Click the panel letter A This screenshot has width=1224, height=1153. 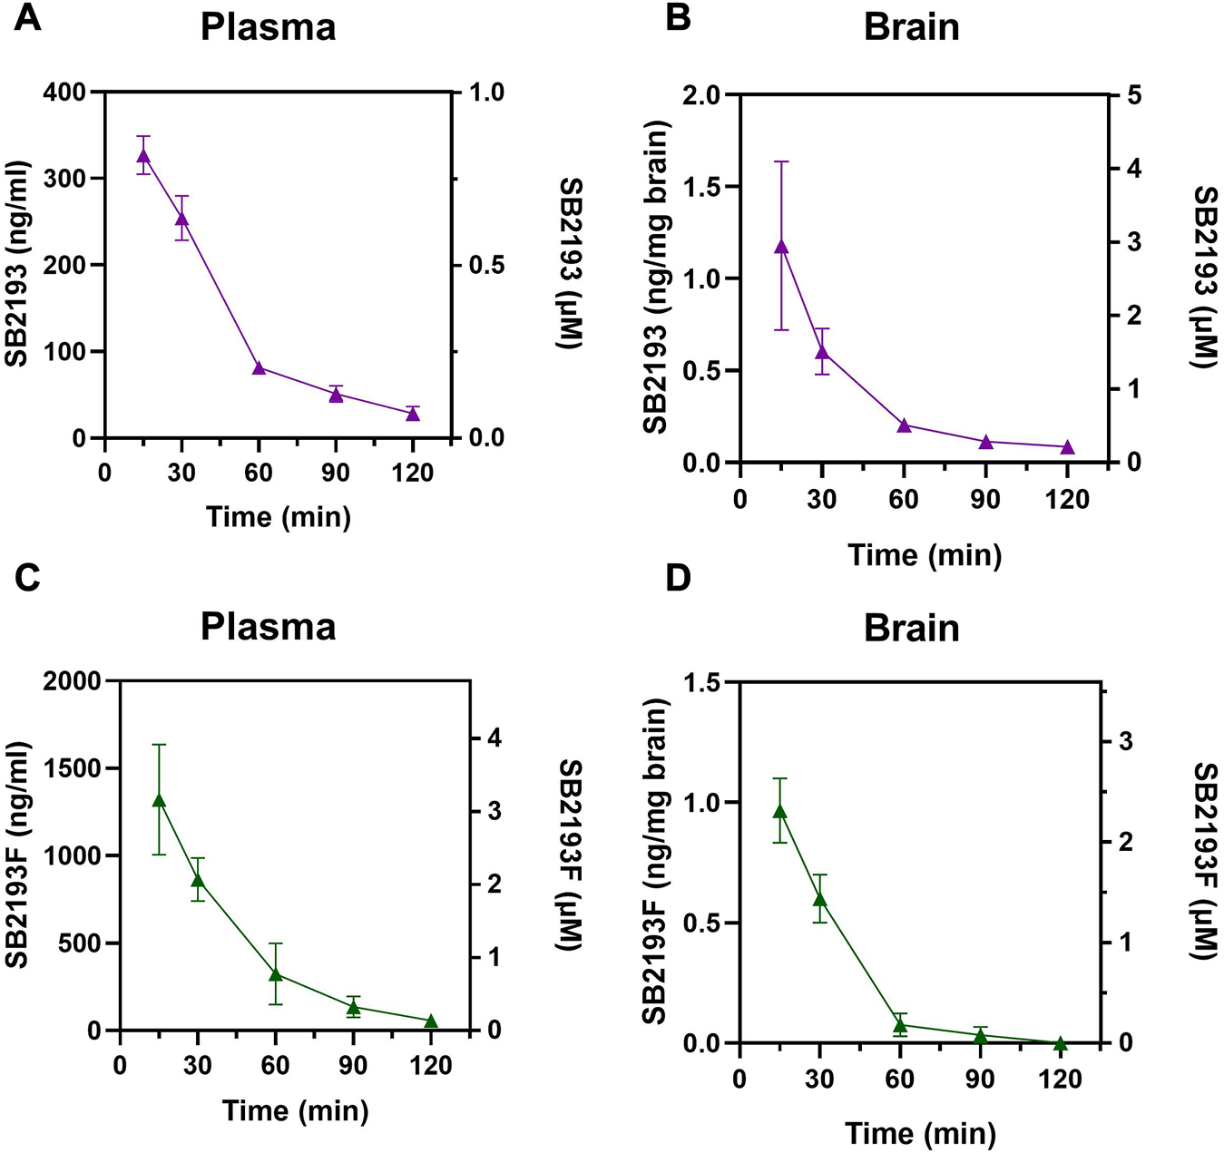pyautogui.click(x=27, y=16)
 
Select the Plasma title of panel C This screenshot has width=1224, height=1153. pyautogui.click(x=268, y=627)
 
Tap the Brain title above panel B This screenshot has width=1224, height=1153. pyautogui.click(x=911, y=27)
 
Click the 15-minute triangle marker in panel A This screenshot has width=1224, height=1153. pyautogui.click(x=143, y=156)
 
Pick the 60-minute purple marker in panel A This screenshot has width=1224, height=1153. pyautogui.click(x=259, y=367)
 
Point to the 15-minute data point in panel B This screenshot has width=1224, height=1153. pyautogui.click(x=781, y=247)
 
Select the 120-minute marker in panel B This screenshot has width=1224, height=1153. pyautogui.click(x=1067, y=447)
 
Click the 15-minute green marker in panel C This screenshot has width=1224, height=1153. pyautogui.click(x=159, y=800)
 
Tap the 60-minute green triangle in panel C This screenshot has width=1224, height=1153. pyautogui.click(x=276, y=974)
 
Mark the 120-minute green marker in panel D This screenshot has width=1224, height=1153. pyautogui.click(x=1059, y=1043)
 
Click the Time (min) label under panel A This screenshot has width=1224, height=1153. pyautogui.click(x=278, y=516)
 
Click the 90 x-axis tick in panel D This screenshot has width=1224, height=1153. pyautogui.click(x=979, y=1080)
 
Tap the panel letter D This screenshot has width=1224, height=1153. pyautogui.click(x=679, y=578)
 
